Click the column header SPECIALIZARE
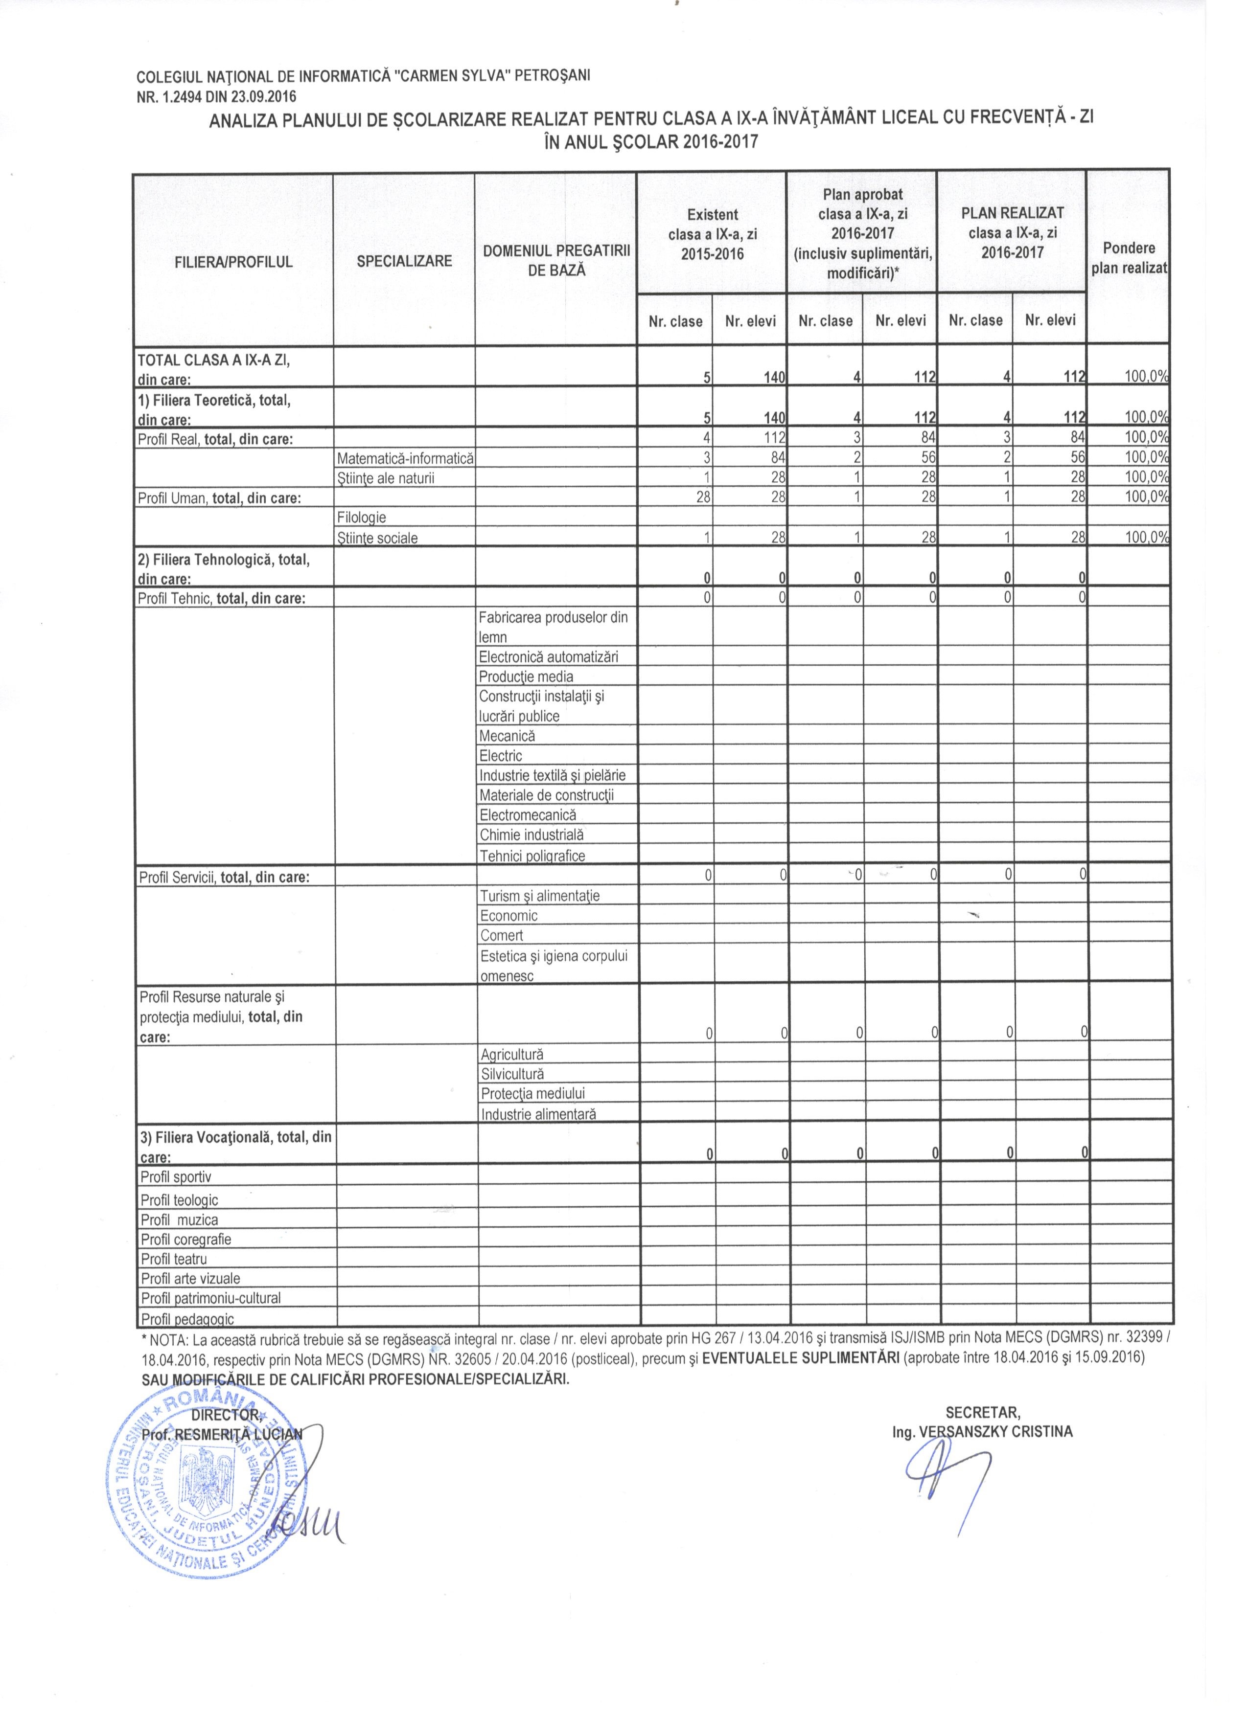point(404,261)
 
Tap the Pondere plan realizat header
point(1128,258)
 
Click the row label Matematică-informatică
point(405,458)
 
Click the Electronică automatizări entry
point(548,657)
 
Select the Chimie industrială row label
point(531,835)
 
